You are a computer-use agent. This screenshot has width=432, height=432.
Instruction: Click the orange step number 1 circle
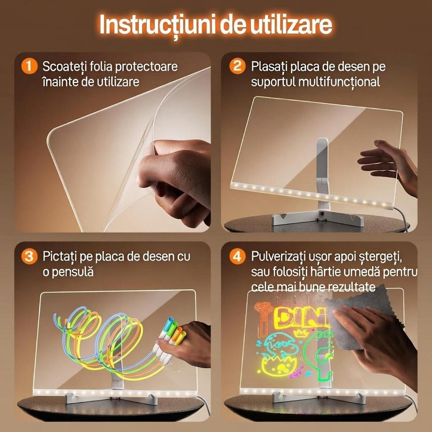(x=29, y=67)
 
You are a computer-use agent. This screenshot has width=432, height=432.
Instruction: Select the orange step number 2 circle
(x=237, y=67)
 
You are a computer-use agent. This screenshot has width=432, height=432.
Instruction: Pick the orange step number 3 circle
(x=29, y=256)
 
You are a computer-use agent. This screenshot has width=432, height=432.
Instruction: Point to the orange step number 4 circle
(x=237, y=256)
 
